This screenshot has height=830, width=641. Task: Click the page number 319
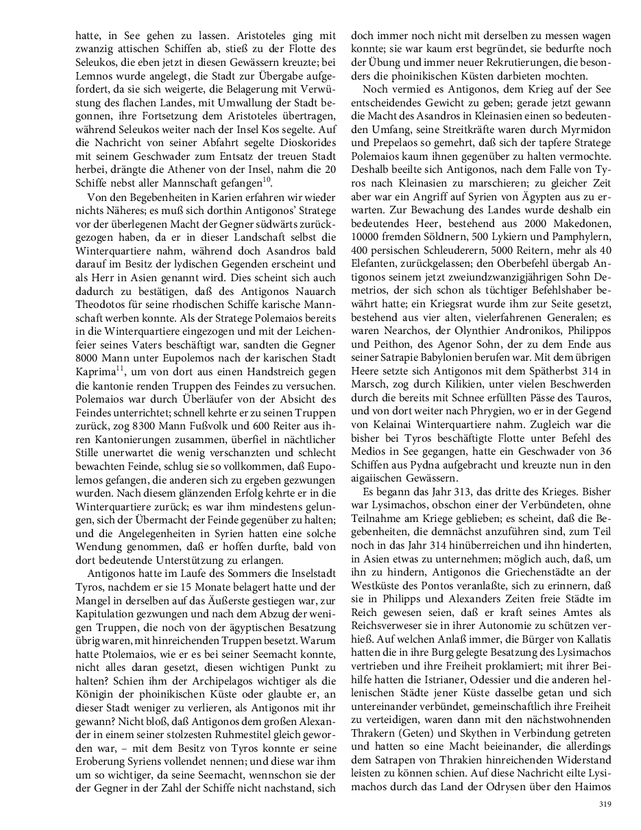point(604,804)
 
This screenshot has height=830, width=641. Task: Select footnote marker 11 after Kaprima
point(119,370)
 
